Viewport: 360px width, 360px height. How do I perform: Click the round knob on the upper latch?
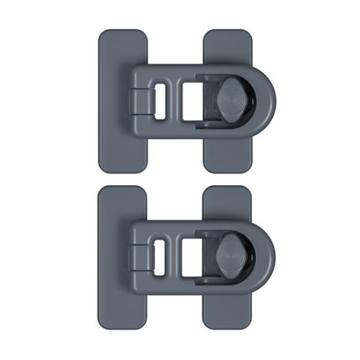pos(231,99)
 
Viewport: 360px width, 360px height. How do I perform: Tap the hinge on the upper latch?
pos(137,100)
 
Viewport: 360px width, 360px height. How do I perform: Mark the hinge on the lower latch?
pos(137,255)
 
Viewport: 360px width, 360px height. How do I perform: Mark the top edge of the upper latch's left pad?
pos(122,31)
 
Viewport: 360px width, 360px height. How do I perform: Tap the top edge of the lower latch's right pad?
pos(228,188)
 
